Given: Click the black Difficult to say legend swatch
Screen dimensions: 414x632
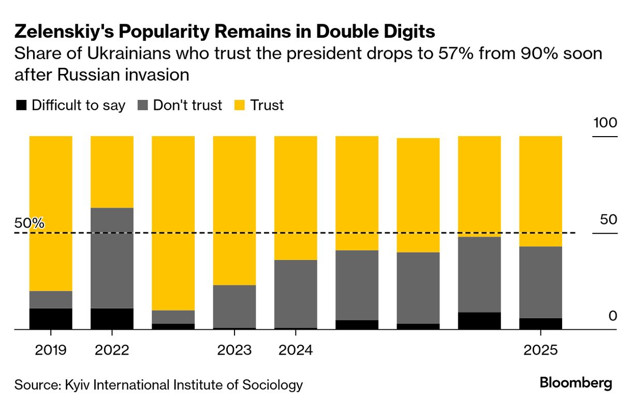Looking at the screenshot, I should [21, 106].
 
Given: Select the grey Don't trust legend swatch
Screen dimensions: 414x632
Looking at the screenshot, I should [143, 106].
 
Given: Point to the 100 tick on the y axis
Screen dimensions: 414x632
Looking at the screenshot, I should [605, 123].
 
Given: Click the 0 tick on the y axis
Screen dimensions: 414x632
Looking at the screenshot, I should [613, 316].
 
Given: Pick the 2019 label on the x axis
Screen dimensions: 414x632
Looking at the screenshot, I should [51, 350].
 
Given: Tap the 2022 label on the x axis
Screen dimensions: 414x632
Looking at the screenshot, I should [112, 350].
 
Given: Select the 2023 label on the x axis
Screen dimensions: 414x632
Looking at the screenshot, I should [234, 350].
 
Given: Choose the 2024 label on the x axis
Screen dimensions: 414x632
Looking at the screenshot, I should [296, 350].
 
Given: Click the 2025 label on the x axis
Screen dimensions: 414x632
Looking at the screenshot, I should [540, 350].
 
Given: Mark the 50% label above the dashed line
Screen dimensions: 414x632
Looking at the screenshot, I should [30, 224].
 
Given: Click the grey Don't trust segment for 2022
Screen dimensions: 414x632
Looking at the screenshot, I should [112, 258].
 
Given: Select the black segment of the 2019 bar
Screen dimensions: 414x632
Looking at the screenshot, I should [51, 319].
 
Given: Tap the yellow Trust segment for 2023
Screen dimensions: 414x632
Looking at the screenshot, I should [234, 210].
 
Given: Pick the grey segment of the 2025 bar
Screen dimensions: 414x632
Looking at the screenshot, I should [540, 282].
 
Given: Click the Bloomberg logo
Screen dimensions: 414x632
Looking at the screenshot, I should [576, 383].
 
